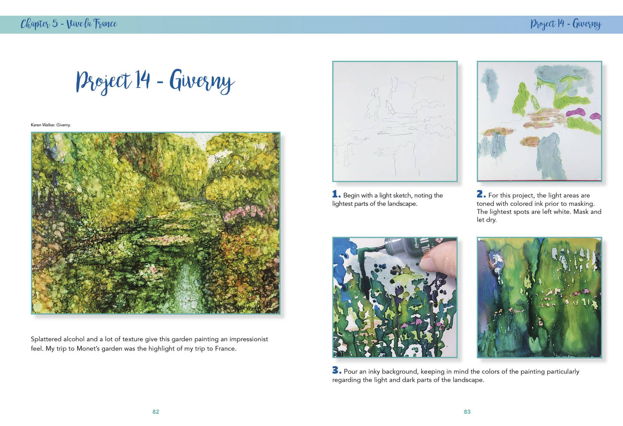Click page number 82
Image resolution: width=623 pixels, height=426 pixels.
point(156,412)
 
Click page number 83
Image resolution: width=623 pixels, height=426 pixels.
point(467,412)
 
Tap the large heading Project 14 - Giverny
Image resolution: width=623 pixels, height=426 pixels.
point(155,81)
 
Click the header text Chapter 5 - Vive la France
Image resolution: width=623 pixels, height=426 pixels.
point(69,24)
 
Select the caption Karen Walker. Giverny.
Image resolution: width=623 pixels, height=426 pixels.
point(50,125)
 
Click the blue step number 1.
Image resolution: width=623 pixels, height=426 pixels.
point(336,194)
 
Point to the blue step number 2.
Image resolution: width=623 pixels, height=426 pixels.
point(481,194)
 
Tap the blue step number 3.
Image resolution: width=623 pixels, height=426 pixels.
point(337,370)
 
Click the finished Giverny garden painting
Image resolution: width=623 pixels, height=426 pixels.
point(156,223)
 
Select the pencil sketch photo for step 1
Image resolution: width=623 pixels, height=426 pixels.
point(394,121)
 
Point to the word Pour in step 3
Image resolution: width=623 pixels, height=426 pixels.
point(351,371)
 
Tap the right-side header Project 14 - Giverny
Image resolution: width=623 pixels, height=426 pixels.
point(566,24)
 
